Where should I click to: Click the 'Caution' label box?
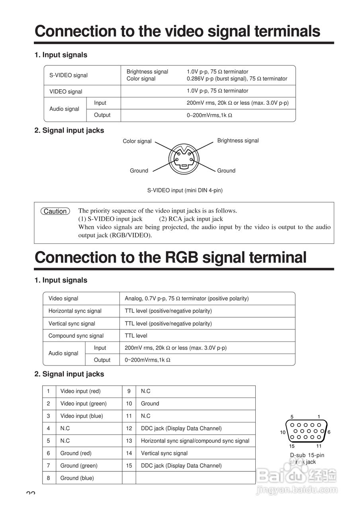(x=55, y=211)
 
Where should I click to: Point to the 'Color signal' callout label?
(x=137, y=141)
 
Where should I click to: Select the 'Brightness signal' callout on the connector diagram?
(x=238, y=141)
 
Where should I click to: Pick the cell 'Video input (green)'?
(x=83, y=404)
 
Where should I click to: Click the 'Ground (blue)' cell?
(x=77, y=478)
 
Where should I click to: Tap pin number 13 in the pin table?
(x=129, y=441)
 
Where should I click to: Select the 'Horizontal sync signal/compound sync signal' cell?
(x=195, y=441)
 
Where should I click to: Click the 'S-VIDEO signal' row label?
(x=68, y=75)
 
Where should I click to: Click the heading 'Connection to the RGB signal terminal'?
(x=170, y=258)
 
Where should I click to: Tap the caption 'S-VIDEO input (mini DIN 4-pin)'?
(x=185, y=190)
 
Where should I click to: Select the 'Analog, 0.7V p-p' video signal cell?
(x=186, y=298)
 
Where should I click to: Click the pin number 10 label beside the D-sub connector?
(x=283, y=432)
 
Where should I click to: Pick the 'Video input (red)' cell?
(x=80, y=391)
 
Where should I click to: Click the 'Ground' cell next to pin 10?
(x=150, y=404)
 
